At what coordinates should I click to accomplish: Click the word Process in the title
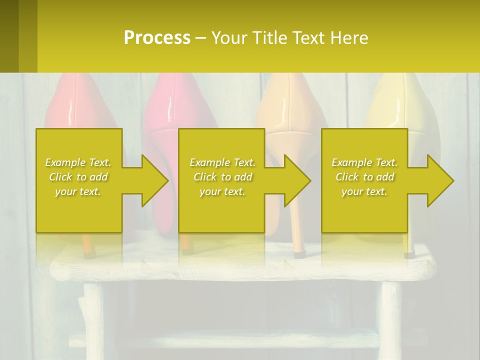157,38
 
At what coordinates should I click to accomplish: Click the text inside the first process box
78,177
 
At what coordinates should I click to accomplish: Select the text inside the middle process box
222,177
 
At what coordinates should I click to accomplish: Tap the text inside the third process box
364,177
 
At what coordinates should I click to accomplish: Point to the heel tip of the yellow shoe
409,254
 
